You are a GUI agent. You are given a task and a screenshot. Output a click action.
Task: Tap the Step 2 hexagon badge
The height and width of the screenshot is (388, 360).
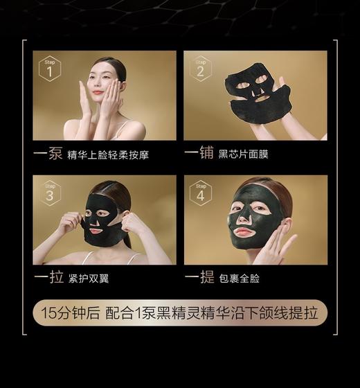[x=200, y=68]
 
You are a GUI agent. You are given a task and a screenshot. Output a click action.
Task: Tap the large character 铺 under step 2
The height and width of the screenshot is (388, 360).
[x=206, y=154]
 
